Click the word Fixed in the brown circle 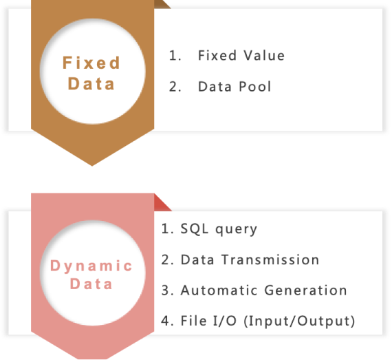(x=91, y=63)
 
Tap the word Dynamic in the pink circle (x=91, y=266)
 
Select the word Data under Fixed (x=91, y=83)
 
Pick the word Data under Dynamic (x=91, y=284)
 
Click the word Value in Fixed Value (x=264, y=55)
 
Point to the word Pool (x=254, y=87)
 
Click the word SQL (x=194, y=229)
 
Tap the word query (x=237, y=230)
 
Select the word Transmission (x=270, y=260)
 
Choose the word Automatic (x=219, y=290)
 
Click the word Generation (x=305, y=290)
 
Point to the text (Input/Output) (x=299, y=321)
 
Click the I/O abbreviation (x=225, y=321)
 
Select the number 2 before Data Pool (x=175, y=87)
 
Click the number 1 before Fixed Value (x=175, y=55)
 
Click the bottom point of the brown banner (x=92, y=166)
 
